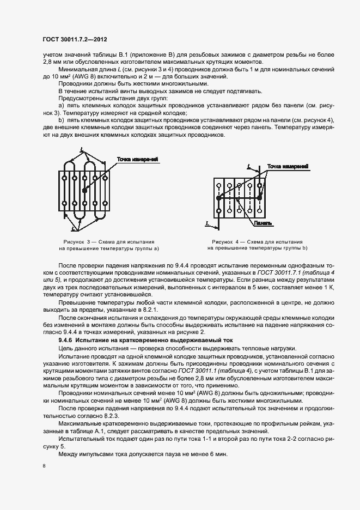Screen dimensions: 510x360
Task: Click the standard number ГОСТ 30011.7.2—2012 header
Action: (75, 39)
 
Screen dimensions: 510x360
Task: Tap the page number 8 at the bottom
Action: (44, 465)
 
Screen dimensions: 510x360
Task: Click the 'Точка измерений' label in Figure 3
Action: (137, 159)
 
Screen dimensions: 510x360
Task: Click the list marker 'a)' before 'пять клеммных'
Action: (61, 105)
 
